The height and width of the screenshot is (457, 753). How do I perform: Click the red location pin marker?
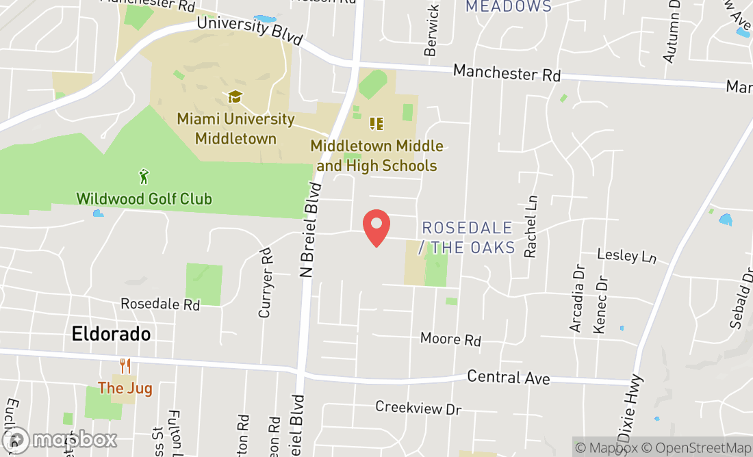point(376,227)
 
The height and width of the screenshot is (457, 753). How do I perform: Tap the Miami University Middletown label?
point(235,129)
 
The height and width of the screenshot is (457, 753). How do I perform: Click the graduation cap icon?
point(235,97)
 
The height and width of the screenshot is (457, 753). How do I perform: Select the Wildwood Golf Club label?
point(144,199)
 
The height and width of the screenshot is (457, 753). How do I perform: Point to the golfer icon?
point(144,177)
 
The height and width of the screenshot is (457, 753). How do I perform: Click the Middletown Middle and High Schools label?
point(376,156)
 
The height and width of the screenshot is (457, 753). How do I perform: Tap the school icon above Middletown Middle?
point(376,124)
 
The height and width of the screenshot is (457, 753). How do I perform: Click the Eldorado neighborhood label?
point(111,334)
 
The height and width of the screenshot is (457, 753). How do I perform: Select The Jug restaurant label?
point(125,389)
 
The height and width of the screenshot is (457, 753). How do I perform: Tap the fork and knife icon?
point(125,366)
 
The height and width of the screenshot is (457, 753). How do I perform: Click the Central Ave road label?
point(509,377)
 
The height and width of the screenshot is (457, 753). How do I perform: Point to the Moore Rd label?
point(450,339)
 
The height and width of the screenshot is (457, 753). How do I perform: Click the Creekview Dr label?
point(418,408)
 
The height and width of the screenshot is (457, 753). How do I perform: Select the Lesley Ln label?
point(627,256)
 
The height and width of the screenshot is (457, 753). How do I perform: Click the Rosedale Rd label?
point(160,304)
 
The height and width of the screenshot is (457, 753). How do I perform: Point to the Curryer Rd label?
point(266,284)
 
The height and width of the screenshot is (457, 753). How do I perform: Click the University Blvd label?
point(249,30)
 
